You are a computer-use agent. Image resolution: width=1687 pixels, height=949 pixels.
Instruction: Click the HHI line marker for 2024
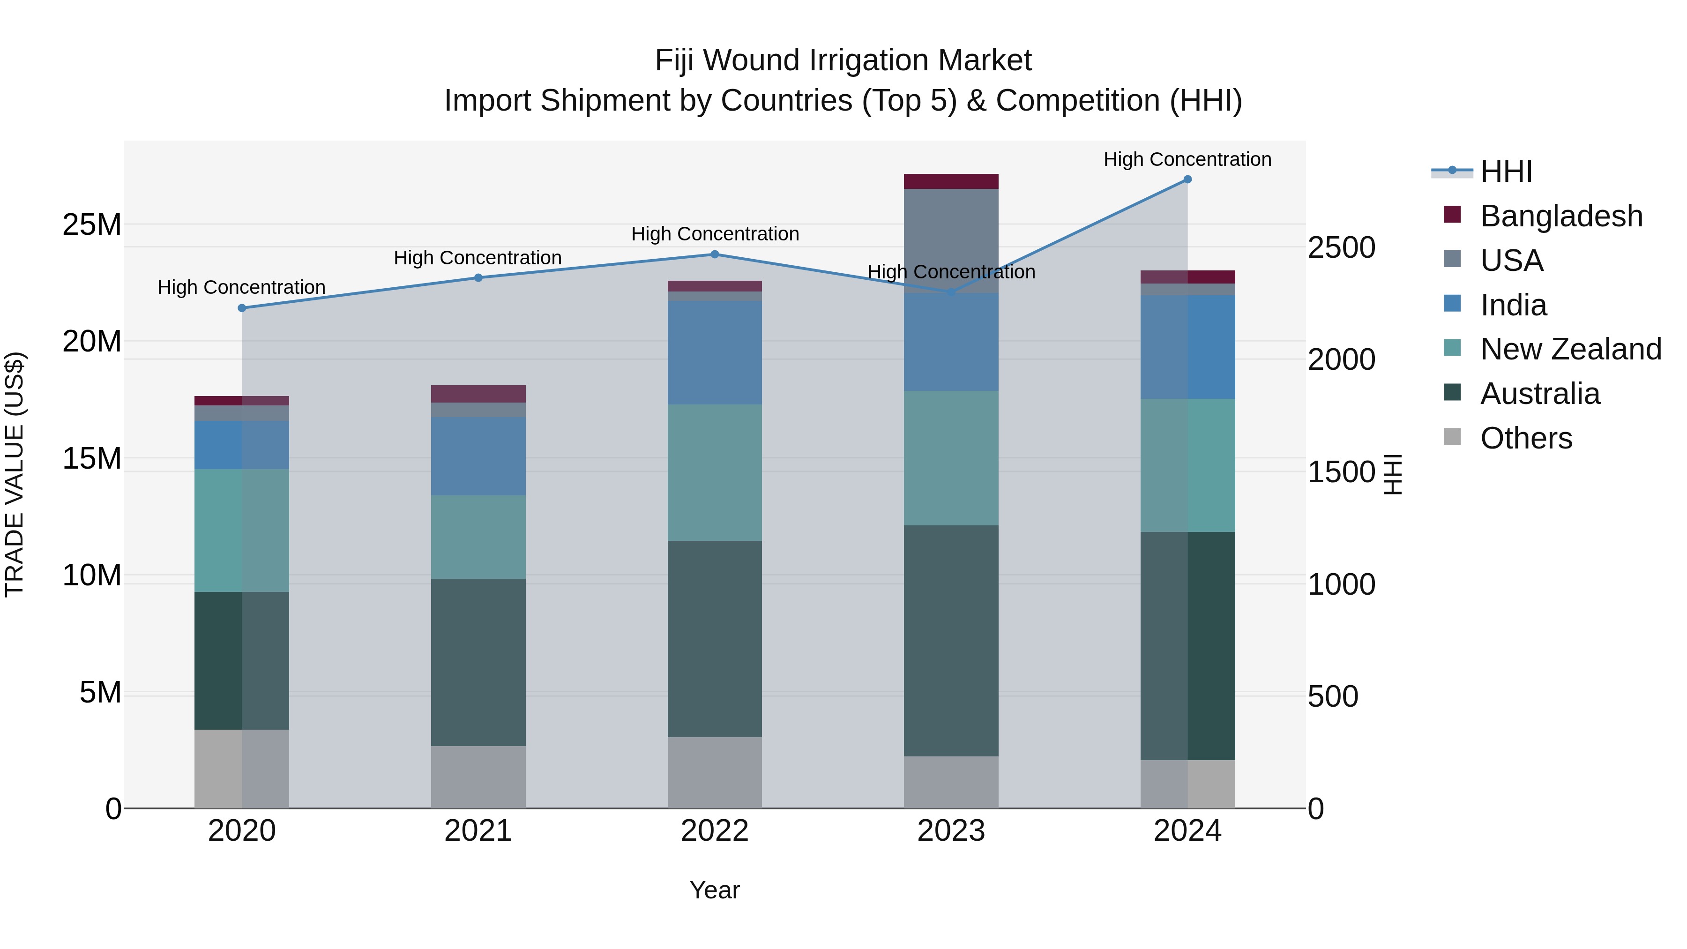point(1187,179)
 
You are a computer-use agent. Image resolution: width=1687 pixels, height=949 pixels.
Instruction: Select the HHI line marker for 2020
point(242,308)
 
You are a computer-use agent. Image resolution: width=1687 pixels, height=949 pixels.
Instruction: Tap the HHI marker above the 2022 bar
point(715,254)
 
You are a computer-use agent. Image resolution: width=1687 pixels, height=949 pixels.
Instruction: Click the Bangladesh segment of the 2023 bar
point(951,181)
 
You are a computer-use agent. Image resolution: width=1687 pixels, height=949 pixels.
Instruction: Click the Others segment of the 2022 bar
point(715,772)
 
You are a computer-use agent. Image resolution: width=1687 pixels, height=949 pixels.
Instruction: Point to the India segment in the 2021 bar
point(478,456)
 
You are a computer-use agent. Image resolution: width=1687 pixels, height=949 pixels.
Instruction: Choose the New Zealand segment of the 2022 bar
point(715,472)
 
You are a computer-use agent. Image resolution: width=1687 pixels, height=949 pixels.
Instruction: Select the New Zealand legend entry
point(1570,349)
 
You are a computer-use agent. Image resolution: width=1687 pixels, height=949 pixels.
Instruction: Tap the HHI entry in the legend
point(1506,172)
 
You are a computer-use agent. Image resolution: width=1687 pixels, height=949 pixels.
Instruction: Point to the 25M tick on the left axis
point(92,224)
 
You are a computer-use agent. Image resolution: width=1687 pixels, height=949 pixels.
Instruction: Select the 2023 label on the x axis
point(951,831)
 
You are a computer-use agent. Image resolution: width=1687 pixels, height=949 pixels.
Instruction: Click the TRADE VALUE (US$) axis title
point(15,474)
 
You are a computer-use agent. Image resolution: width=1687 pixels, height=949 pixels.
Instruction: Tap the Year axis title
point(715,890)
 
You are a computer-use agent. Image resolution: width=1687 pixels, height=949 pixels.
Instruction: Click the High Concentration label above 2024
point(1187,159)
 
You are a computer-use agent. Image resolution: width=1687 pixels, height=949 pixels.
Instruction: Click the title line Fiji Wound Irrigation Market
point(843,60)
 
